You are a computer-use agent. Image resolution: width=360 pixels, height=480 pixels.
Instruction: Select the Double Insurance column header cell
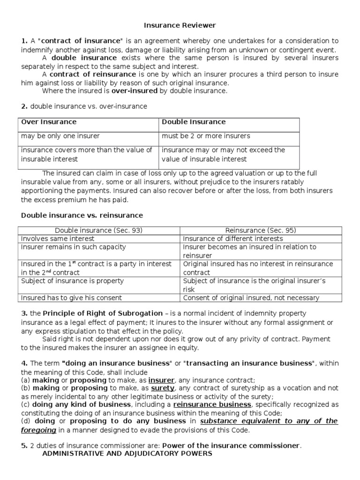coord(194,122)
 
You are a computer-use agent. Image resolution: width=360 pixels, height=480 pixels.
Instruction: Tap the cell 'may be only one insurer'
coord(60,136)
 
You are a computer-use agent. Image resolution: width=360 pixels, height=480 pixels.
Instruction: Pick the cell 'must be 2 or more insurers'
coord(206,136)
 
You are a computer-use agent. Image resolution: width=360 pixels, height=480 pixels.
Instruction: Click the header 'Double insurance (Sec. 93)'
coord(98,230)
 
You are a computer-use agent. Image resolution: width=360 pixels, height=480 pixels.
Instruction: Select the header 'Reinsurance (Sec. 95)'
coord(261,230)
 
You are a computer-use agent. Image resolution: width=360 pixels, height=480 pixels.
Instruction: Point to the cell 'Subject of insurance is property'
coord(72,281)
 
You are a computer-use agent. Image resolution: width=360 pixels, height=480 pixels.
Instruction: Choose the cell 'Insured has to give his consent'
coord(71,298)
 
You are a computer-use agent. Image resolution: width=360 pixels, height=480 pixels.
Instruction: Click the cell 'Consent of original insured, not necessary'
coord(251,298)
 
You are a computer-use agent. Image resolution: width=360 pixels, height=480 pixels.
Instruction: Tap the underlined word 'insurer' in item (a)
coord(161,380)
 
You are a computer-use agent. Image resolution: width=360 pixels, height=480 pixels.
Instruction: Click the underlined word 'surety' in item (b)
coord(162,388)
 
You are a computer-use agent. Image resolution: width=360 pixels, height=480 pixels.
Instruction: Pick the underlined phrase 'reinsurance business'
coord(212,405)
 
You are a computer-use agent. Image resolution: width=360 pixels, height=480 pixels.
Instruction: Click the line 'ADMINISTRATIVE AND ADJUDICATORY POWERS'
coord(127,453)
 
